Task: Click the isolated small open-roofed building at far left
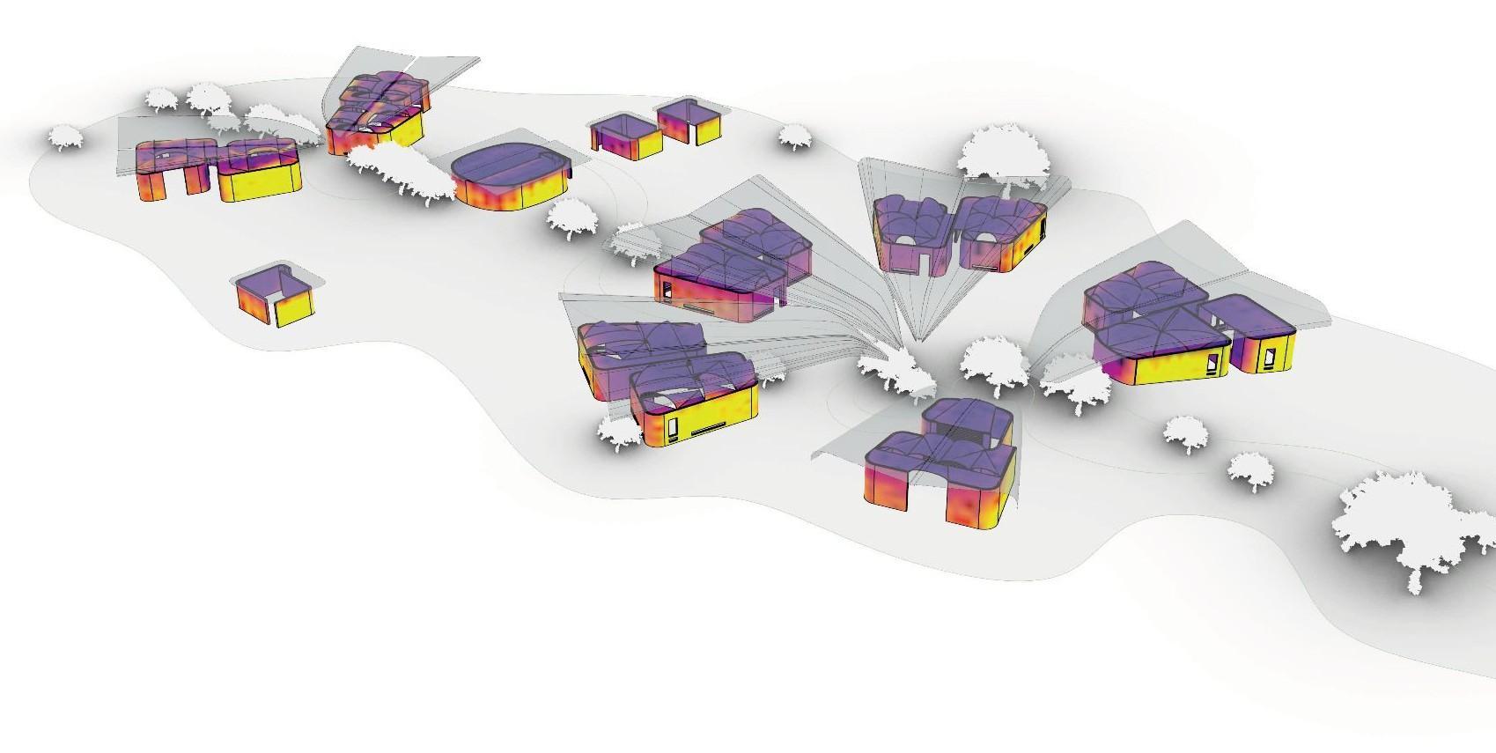tap(274, 298)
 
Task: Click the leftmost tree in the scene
tap(64, 137)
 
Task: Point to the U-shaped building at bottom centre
tap(940, 467)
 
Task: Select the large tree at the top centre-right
tap(1003, 154)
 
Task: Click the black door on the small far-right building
tap(1270, 356)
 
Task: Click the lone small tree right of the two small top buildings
tap(794, 136)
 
